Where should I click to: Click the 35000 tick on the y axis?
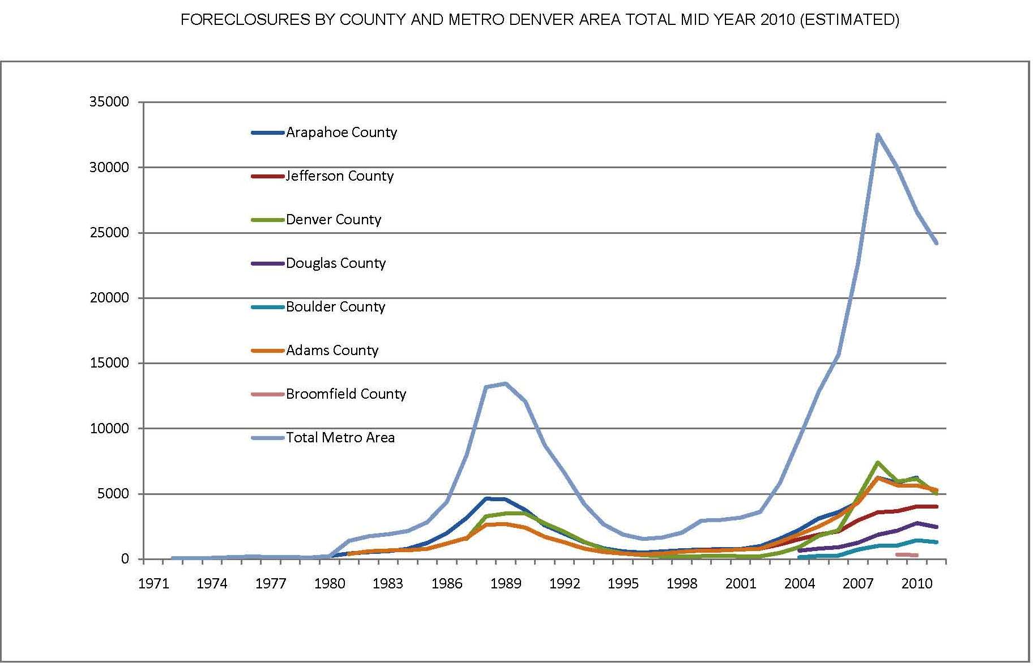click(109, 102)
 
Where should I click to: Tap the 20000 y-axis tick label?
click(109, 298)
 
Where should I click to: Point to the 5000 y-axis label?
click(113, 494)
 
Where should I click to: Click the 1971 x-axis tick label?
click(153, 584)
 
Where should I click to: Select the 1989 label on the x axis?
click(506, 584)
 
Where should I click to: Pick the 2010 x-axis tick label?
click(917, 584)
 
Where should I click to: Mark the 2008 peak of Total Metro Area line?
click(877, 135)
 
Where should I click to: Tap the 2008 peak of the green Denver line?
click(877, 463)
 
